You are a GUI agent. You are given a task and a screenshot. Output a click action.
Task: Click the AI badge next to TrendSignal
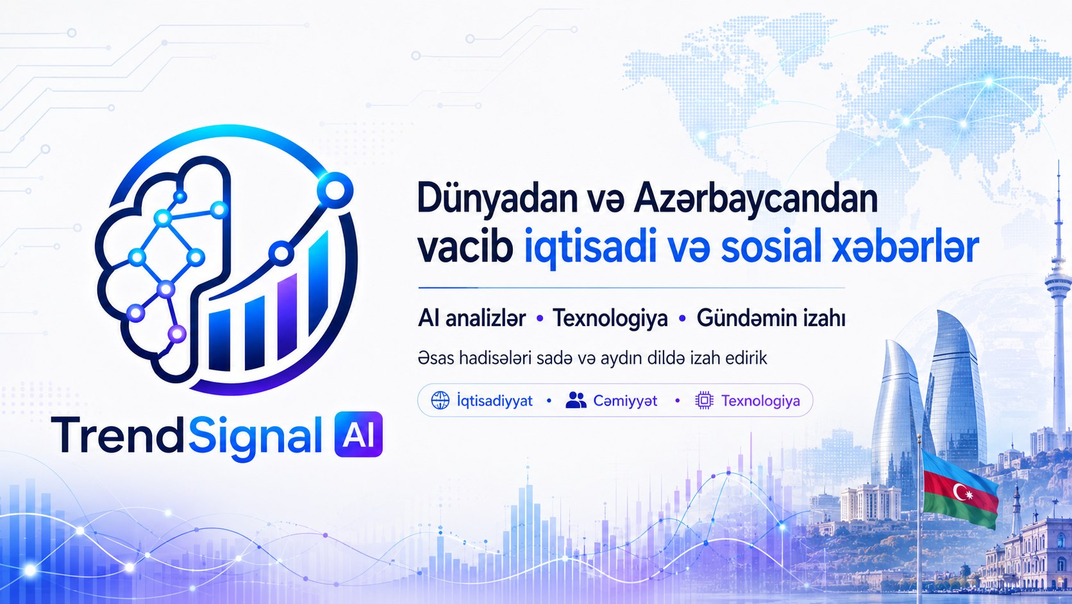tap(358, 434)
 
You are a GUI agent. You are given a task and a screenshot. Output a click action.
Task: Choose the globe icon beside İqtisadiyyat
tap(440, 400)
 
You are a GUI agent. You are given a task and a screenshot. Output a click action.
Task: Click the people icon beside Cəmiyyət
tap(576, 400)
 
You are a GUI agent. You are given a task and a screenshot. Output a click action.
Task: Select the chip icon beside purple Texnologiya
tap(704, 400)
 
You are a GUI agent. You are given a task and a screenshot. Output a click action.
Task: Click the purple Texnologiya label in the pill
tap(760, 401)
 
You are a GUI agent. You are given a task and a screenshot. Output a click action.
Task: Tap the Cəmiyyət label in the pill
tap(625, 401)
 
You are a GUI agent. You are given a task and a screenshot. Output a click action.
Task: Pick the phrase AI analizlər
tap(472, 318)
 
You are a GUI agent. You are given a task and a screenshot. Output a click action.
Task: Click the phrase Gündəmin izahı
tap(771, 318)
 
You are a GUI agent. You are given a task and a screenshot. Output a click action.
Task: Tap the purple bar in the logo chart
tap(287, 316)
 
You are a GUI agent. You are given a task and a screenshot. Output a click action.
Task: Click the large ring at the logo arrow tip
tap(335, 191)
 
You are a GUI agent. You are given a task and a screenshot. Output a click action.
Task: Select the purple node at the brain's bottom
tap(177, 333)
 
